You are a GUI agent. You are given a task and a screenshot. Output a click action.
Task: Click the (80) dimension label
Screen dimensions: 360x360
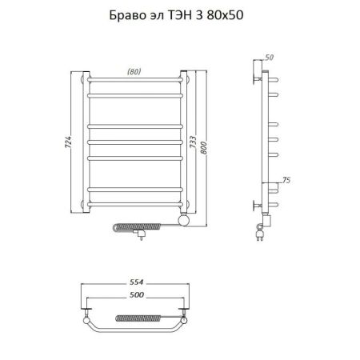[135, 72]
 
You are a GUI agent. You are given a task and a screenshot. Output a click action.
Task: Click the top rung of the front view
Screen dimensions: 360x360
[136, 82]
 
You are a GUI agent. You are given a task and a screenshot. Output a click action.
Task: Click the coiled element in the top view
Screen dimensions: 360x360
[136, 318]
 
